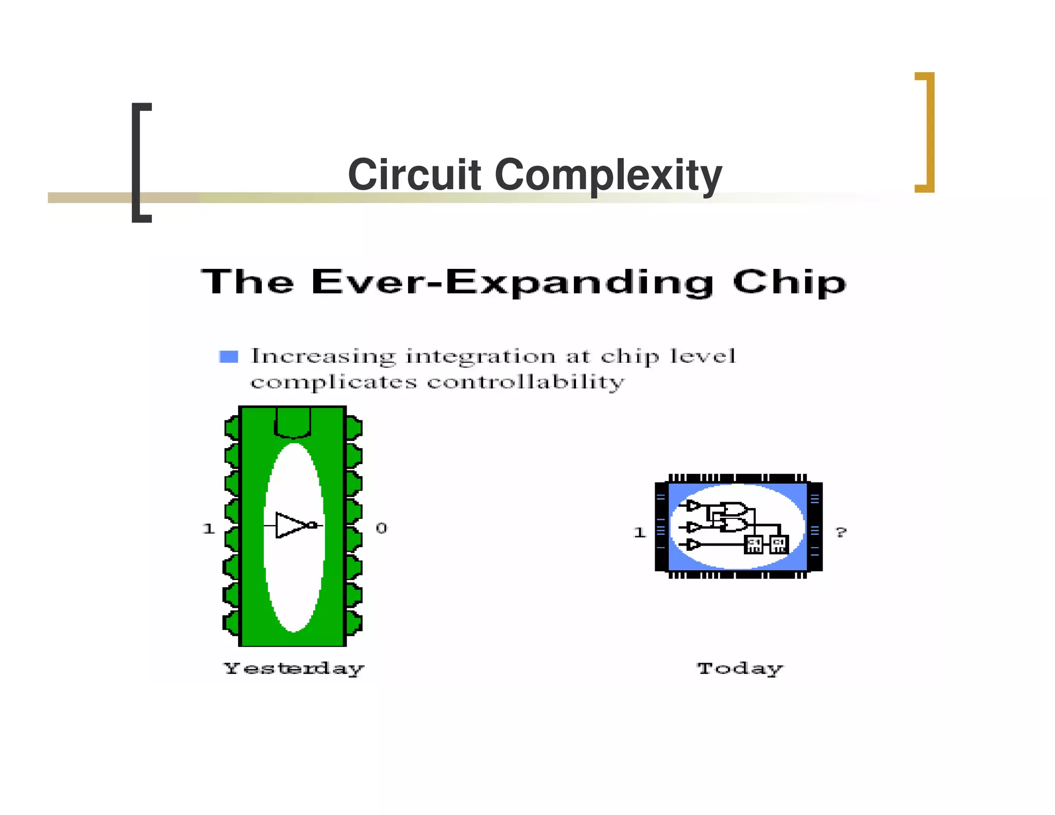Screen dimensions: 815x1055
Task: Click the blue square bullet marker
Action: pyautogui.click(x=228, y=356)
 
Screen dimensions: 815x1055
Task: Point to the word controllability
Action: pyautogui.click(x=525, y=382)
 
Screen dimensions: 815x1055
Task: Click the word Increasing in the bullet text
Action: pyautogui.click(x=323, y=356)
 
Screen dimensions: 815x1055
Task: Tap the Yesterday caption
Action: pyautogui.click(x=294, y=668)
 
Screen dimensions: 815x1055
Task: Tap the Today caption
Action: pyautogui.click(x=740, y=668)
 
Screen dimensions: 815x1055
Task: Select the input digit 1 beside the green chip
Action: pyautogui.click(x=209, y=529)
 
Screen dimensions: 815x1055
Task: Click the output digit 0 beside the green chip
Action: pyautogui.click(x=381, y=528)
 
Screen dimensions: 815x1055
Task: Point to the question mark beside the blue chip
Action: pyautogui.click(x=841, y=532)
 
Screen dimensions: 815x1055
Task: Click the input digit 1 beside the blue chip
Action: pyautogui.click(x=640, y=532)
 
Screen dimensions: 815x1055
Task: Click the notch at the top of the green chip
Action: pyautogui.click(x=293, y=422)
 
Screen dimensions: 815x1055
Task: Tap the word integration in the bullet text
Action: pyautogui.click(x=481, y=356)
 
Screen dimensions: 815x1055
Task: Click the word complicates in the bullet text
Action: pyautogui.click(x=333, y=382)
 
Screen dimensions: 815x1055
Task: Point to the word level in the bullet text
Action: pyautogui.click(x=703, y=355)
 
